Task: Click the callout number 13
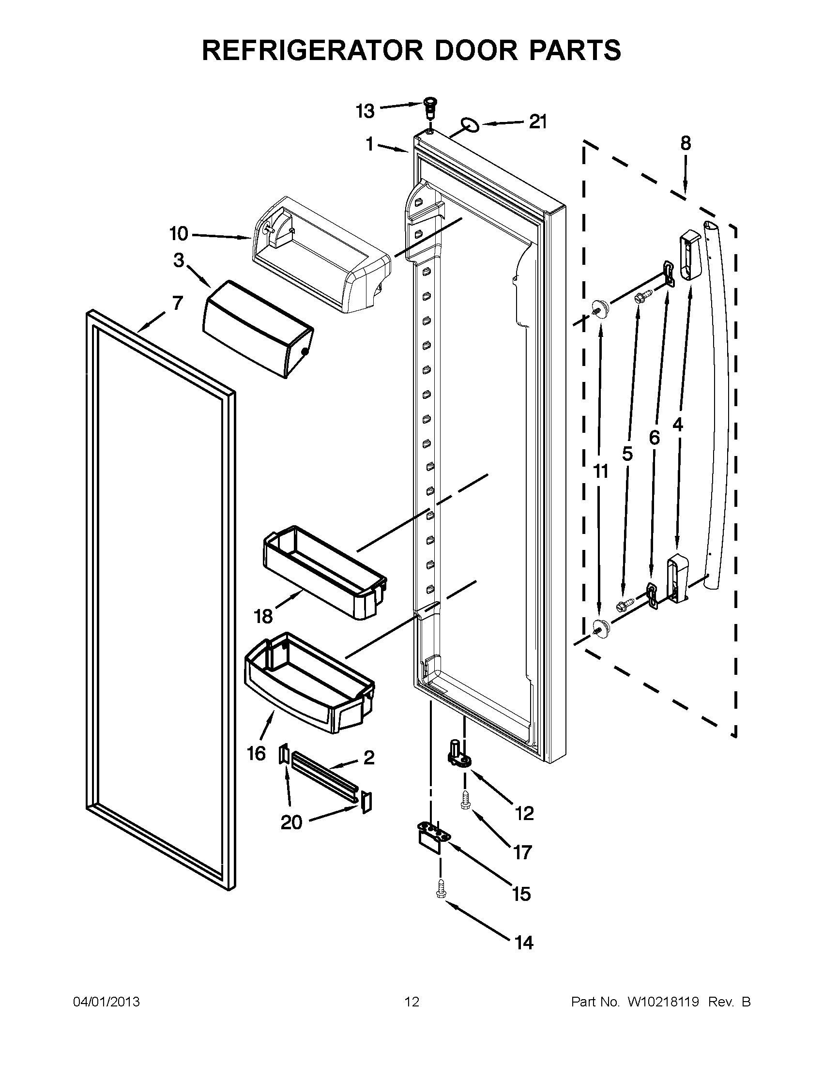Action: pyautogui.click(x=365, y=111)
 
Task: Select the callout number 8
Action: pyautogui.click(x=685, y=143)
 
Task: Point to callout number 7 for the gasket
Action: pyautogui.click(x=178, y=304)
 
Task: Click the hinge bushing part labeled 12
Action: pyautogui.click(x=459, y=759)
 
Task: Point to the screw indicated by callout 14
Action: pyautogui.click(x=440, y=891)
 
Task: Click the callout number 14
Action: pyautogui.click(x=524, y=943)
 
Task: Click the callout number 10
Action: pyautogui.click(x=179, y=234)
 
